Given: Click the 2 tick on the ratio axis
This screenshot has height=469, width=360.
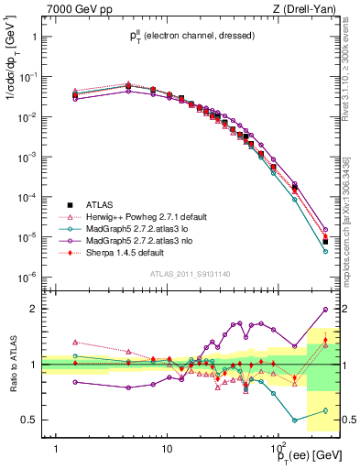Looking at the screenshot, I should tap(33, 309).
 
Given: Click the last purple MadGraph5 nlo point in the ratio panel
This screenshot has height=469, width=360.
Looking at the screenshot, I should tap(325, 310).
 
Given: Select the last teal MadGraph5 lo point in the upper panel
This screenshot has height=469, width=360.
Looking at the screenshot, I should tap(325, 251).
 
